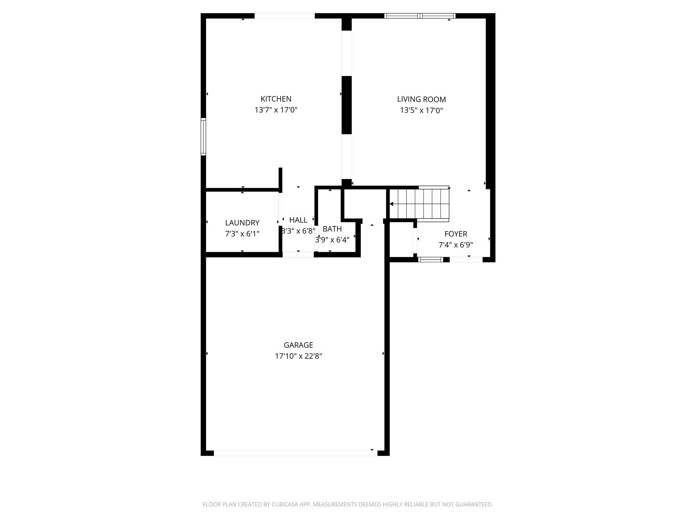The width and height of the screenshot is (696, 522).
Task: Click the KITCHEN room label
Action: [x=276, y=99]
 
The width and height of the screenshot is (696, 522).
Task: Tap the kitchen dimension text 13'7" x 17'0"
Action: [x=276, y=110]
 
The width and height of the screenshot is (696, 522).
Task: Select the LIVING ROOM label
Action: [x=421, y=99]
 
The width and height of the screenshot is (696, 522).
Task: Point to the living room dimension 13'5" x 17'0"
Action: [x=421, y=110]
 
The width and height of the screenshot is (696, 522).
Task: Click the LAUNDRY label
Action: [x=242, y=223]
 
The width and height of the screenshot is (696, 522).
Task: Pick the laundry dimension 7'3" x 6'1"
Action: [x=242, y=234]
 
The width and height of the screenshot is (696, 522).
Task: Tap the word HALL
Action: [x=298, y=220]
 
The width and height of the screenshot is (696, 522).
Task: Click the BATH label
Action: [x=332, y=229]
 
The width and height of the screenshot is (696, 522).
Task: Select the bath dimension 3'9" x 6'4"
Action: [x=332, y=240]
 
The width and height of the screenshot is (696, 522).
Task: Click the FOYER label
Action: [x=455, y=234]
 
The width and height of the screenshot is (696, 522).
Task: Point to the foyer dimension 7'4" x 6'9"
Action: [x=455, y=245]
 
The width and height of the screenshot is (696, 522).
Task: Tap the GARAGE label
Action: [x=298, y=345]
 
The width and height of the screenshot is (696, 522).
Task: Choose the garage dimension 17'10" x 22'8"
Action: [x=298, y=356]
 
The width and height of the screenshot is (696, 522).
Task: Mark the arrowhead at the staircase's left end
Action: [x=391, y=204]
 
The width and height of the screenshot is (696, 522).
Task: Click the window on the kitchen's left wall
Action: [x=203, y=137]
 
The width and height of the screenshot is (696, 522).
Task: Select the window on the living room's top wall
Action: [x=420, y=16]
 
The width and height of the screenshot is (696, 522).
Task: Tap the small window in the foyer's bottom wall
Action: [x=430, y=260]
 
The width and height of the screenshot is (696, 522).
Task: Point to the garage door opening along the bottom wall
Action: [x=295, y=453]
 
